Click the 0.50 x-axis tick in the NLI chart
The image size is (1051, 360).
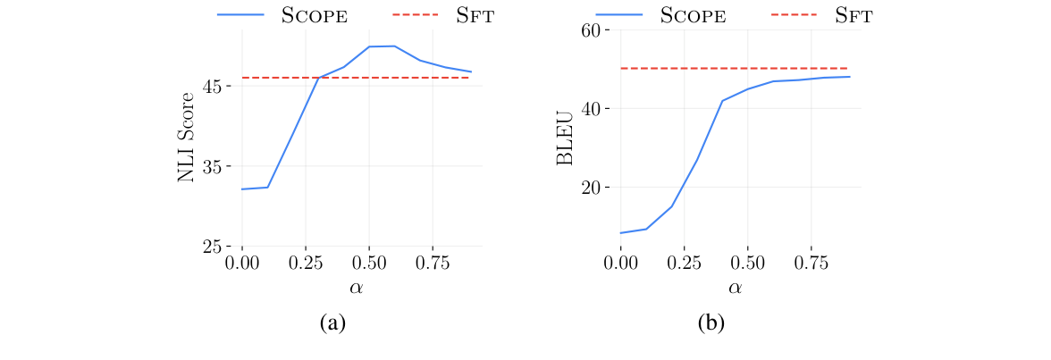pyautogui.click(x=369, y=264)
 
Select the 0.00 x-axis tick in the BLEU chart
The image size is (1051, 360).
pyautogui.click(x=620, y=264)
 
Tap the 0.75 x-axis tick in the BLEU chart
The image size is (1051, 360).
pyautogui.click(x=811, y=264)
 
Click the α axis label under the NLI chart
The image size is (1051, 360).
pyautogui.click(x=357, y=288)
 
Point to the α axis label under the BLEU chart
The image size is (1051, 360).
pyautogui.click(x=735, y=288)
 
